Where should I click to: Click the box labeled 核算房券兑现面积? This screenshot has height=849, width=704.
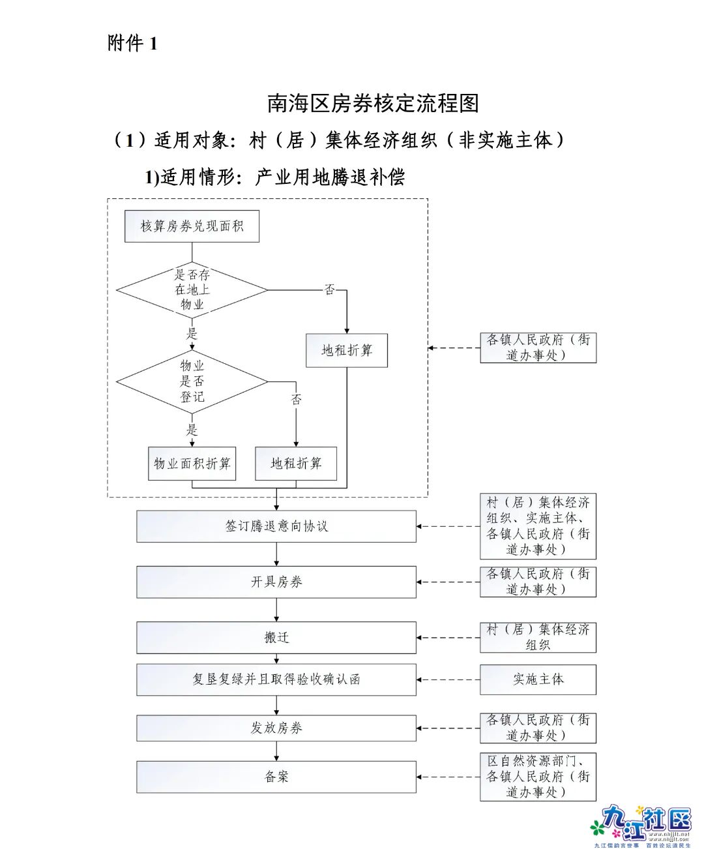[x=192, y=226]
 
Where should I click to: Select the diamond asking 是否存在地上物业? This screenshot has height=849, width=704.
[x=192, y=290]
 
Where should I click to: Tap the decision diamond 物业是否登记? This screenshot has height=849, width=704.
[x=192, y=381]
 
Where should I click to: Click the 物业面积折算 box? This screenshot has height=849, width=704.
[x=192, y=464]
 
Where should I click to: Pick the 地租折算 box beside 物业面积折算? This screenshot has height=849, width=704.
[x=296, y=464]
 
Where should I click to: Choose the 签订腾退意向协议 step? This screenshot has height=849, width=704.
[x=276, y=526]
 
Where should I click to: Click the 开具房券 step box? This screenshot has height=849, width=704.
[x=276, y=582]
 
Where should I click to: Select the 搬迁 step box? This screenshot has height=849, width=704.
[x=276, y=637]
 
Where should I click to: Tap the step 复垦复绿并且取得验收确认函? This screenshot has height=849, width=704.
[x=276, y=679]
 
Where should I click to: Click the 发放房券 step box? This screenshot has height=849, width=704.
[x=276, y=728]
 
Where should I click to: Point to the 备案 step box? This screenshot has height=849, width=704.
[x=276, y=777]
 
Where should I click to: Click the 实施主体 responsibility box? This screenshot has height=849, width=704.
[x=538, y=679]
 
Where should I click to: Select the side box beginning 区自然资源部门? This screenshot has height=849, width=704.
[x=538, y=777]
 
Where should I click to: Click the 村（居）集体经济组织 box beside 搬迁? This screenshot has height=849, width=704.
[x=538, y=637]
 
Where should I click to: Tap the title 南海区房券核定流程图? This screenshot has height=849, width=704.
[x=373, y=103]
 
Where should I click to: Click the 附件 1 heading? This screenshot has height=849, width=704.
[x=132, y=43]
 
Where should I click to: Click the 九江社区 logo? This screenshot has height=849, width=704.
[x=642, y=825]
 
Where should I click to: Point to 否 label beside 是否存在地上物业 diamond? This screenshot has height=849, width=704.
[x=330, y=290]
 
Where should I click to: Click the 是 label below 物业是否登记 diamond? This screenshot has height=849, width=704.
[x=192, y=430]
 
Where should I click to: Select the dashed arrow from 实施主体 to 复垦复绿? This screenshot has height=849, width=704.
[x=448, y=679]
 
